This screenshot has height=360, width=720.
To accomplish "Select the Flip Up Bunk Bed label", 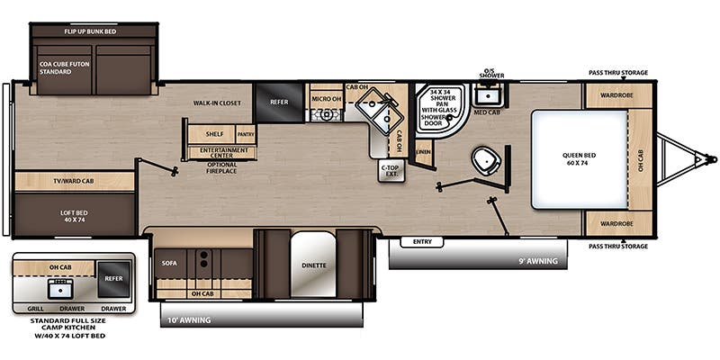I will [x=96, y=31].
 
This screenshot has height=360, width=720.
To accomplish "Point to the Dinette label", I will [x=314, y=265].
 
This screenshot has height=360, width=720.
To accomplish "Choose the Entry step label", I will [x=422, y=241].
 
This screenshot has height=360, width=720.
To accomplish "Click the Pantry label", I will [x=246, y=134].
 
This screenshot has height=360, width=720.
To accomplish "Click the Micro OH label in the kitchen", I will [x=325, y=97].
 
